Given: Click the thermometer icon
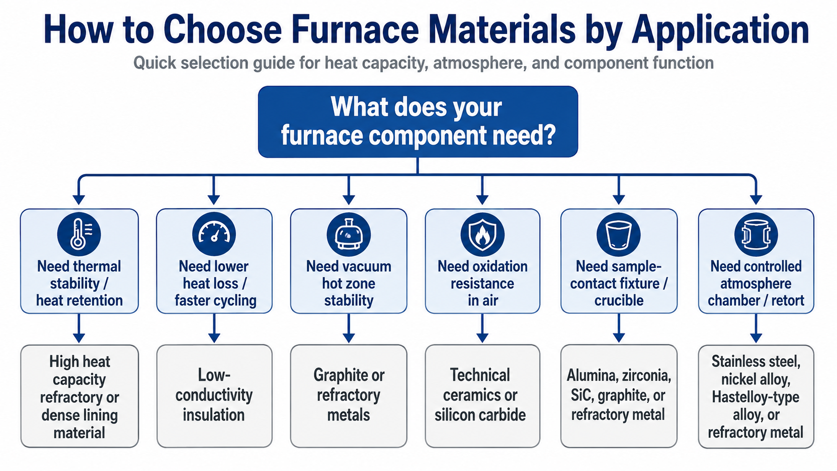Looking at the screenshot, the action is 79,234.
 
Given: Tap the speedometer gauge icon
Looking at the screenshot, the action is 214,234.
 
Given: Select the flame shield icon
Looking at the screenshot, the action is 483,234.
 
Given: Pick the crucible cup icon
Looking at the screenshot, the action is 619,234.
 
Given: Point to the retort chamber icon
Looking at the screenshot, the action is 756,234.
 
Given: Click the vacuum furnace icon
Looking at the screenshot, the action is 348,234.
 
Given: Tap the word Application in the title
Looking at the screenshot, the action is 720,31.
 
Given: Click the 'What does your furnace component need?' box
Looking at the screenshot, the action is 418,122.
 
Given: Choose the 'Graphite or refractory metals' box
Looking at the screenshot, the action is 348,396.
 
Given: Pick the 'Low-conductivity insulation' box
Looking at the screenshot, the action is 214,396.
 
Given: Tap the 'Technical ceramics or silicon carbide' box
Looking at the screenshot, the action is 483,396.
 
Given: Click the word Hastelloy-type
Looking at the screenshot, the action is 755,397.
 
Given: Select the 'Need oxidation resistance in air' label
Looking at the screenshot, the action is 483,283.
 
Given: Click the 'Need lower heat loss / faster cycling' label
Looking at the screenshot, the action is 215,283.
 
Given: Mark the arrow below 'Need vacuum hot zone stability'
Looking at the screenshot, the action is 348,328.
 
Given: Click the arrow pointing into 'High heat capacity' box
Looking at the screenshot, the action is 79,328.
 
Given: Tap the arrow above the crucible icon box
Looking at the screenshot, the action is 619,189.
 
